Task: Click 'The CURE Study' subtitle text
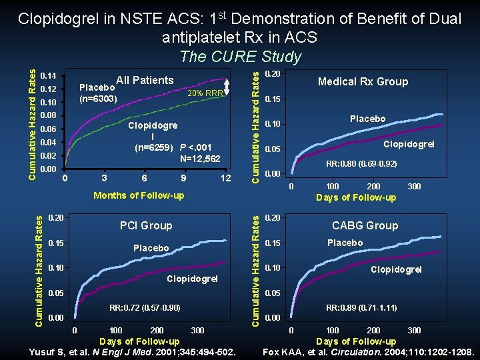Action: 241,57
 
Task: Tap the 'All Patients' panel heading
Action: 145,81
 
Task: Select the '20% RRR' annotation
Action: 205,93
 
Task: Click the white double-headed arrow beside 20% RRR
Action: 227,87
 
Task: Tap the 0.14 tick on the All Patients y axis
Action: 48,75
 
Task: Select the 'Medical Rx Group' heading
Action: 363,81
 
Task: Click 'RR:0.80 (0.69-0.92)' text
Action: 361,163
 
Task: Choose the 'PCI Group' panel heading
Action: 146,225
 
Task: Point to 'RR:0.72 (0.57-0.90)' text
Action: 145,308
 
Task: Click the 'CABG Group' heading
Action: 365,225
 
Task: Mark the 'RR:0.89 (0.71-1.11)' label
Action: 361,308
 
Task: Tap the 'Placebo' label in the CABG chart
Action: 345,243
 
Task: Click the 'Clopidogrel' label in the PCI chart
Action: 192,279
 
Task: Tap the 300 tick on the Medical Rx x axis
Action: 414,187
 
